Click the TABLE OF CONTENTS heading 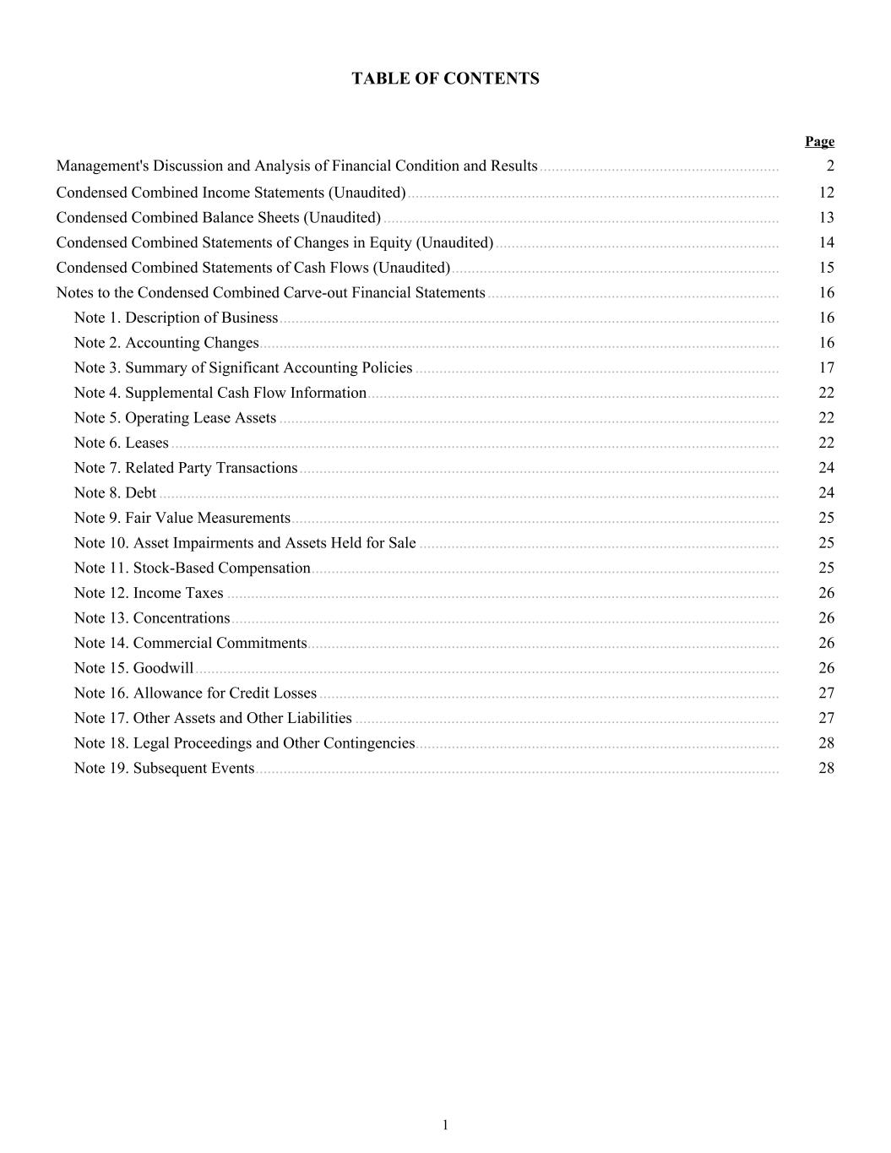point(445,79)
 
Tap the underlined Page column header point(819,141)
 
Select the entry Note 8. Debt point(115,492)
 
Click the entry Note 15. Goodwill point(133,668)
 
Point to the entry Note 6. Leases point(121,443)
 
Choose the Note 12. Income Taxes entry point(149,593)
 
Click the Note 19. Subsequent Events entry point(164,768)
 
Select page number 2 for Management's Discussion point(830,166)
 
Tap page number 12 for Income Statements point(826,193)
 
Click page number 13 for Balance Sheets point(826,217)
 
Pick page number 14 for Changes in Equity point(826,242)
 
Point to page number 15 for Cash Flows point(826,268)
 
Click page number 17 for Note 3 point(826,367)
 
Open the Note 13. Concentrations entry point(152,618)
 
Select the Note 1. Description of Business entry point(176,318)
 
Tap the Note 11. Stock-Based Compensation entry point(192,568)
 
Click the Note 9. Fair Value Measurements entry point(182,518)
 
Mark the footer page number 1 point(445,1124)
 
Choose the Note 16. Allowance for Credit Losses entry point(195,693)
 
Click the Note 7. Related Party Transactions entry point(186,468)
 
